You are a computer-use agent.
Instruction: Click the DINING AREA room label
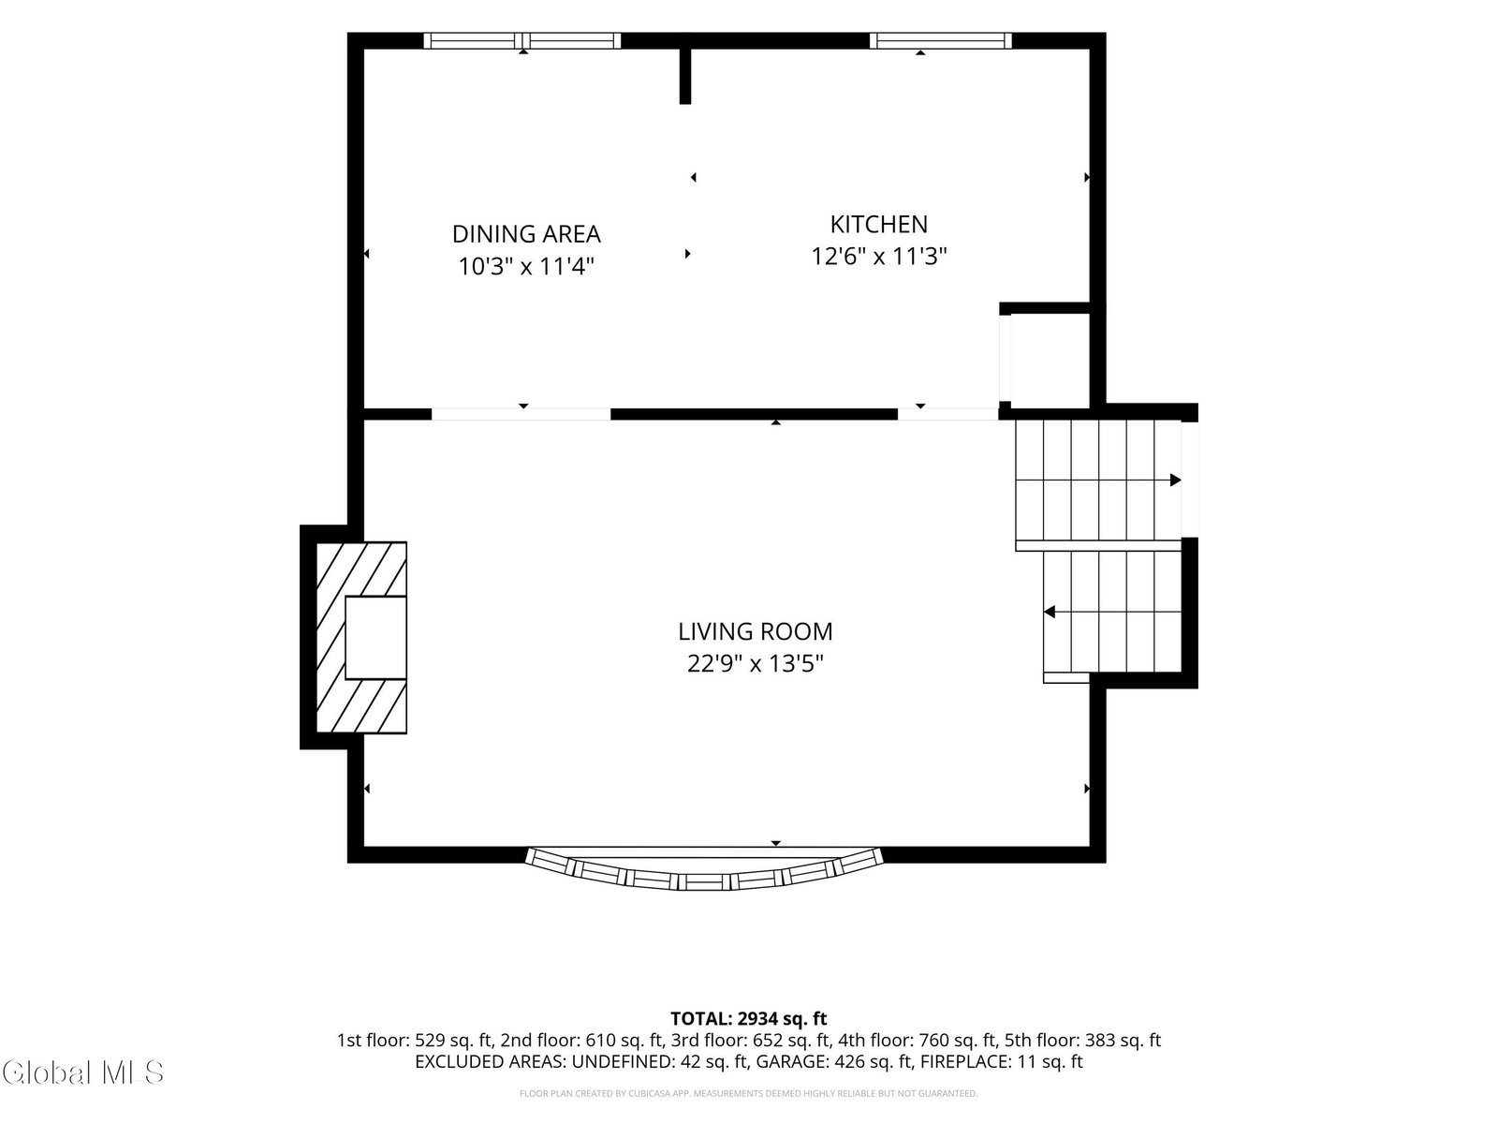point(526,234)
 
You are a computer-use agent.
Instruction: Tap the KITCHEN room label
point(878,225)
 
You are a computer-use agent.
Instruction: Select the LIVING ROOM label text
point(755,631)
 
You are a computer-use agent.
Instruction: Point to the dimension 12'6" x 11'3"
point(878,257)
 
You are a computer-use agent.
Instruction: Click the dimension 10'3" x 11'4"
point(526,266)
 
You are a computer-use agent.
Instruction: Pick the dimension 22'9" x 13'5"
point(755,663)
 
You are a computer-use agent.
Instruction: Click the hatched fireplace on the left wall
point(361,638)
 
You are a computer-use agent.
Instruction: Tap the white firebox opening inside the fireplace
point(375,638)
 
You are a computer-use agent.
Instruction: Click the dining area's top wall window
point(522,40)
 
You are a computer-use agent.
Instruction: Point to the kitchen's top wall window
point(940,40)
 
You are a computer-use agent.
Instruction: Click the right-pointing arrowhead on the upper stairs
point(1175,480)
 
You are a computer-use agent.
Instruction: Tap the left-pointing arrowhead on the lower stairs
point(1050,612)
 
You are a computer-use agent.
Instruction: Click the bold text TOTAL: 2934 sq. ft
point(749,1019)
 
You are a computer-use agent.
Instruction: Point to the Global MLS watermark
point(82,1072)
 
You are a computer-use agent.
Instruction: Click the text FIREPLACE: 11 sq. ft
point(1001,1062)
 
